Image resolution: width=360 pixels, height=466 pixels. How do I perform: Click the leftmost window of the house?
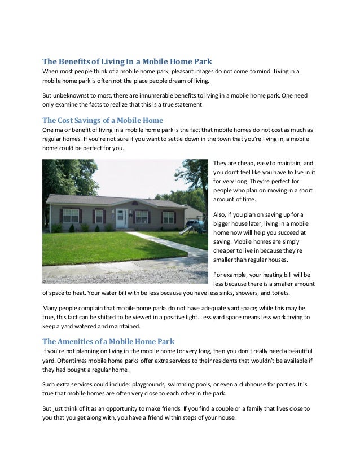point(70,215)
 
